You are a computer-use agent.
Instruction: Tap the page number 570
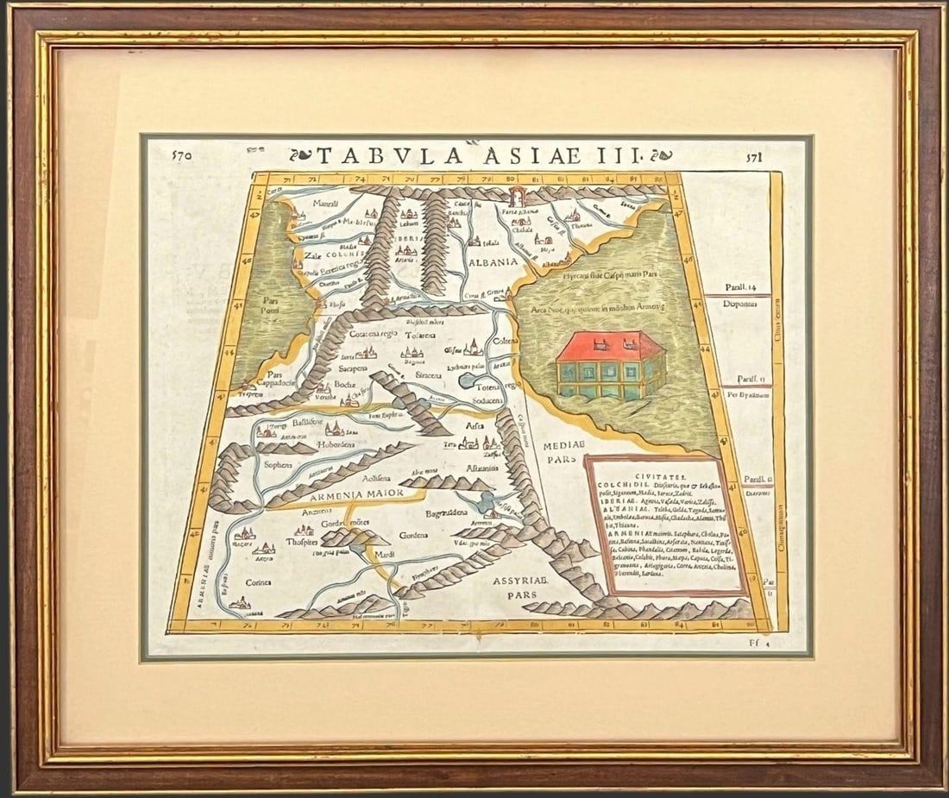(x=181, y=156)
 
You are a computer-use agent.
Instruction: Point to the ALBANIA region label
(x=493, y=261)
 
